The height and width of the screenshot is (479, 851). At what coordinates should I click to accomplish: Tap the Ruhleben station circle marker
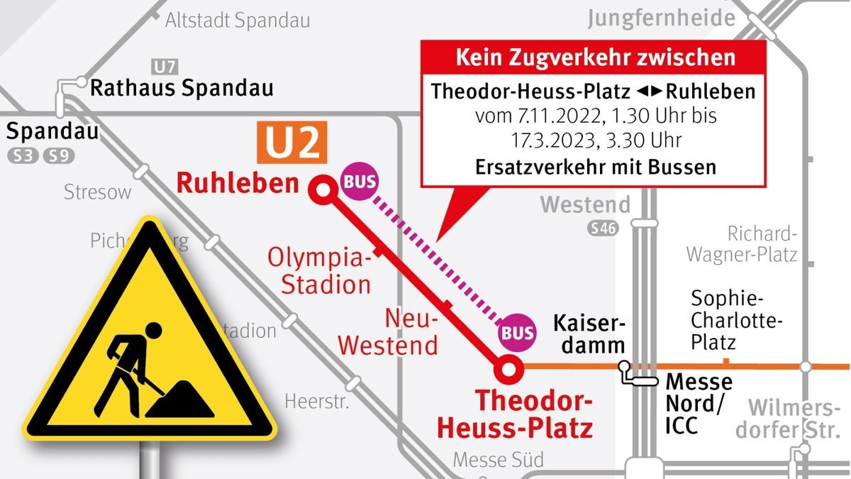[323, 189]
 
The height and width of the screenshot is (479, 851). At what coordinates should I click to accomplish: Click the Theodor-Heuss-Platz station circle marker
[508, 367]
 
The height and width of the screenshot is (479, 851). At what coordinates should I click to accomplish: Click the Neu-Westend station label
[388, 333]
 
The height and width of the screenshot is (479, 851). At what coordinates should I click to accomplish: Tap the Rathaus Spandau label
[181, 89]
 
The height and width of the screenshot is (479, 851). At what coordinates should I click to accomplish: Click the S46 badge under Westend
[602, 229]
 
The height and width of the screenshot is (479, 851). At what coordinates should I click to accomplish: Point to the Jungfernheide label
[661, 18]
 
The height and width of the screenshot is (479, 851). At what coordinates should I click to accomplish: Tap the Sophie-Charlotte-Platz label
[737, 320]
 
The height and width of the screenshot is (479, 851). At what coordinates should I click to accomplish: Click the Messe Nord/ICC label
[699, 403]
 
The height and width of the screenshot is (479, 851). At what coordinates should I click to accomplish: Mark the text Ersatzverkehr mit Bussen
[594, 167]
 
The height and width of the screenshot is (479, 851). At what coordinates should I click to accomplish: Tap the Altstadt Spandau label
[238, 21]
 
